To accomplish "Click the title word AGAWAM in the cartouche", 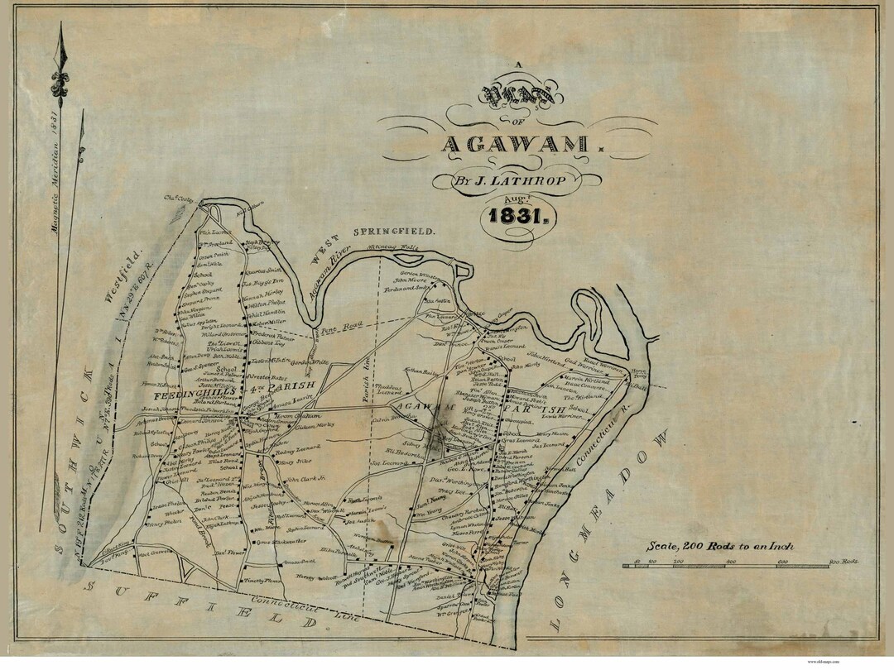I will (x=516, y=144).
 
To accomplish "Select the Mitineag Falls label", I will (x=399, y=245).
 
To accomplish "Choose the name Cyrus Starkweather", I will (x=281, y=542).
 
